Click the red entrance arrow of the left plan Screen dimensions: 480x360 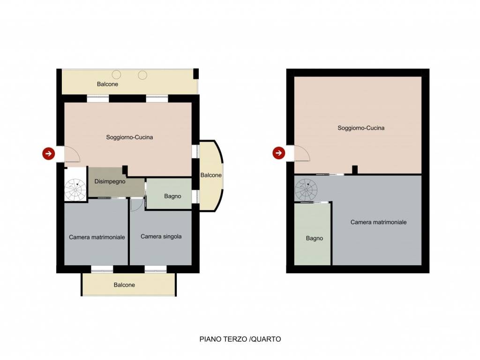click(49, 153)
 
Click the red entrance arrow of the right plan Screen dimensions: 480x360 click(278, 153)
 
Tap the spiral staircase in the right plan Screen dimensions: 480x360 click(306, 190)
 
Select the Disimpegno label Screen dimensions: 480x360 click(110, 181)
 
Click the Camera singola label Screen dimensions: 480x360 click(161, 237)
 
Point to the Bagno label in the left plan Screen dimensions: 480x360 click(172, 196)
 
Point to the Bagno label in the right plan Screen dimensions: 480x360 click(315, 238)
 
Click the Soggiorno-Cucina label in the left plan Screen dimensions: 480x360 click(129, 137)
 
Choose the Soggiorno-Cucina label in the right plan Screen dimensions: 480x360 click(361, 128)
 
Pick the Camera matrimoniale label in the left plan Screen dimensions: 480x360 click(97, 237)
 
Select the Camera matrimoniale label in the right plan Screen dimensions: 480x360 click(379, 222)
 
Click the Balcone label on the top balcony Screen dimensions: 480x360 click(107, 84)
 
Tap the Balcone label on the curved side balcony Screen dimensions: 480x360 click(211, 175)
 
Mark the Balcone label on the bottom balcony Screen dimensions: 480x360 click(124, 285)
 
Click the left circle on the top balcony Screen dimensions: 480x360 click(116, 75)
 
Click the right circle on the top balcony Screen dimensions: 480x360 click(142, 75)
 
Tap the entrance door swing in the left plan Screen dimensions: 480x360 click(72, 154)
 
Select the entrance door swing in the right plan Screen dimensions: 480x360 click(302, 153)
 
